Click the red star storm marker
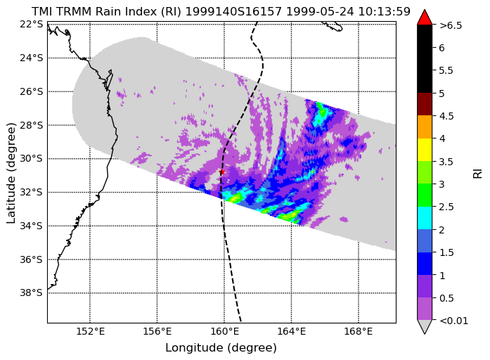222,172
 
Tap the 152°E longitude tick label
90,331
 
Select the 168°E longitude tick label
358,331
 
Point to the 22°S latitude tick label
31,24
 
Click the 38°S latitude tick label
31,292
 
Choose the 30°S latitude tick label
31,158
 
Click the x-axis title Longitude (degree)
221,347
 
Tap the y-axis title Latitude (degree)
11,173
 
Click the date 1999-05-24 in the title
320,11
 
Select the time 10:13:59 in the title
384,11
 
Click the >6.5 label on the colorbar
451,25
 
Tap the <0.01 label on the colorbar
453,321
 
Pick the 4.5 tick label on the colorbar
446,116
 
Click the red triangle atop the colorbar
425,17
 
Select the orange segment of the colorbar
425,127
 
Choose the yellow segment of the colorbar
425,150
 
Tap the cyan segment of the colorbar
425,218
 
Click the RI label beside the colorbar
478,173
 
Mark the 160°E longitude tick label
224,331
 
